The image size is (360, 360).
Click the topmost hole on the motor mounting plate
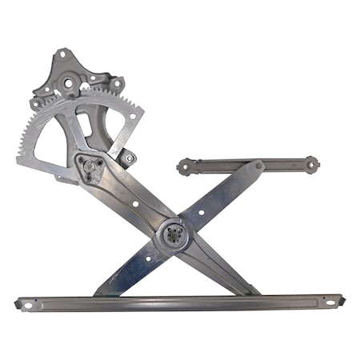point(61,55)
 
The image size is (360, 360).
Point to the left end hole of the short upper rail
point(185,167)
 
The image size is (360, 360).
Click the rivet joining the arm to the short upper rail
point(258,166)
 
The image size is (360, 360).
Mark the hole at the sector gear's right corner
point(131,114)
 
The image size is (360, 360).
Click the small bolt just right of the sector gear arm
point(129,158)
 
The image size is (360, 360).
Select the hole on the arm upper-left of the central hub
point(135,204)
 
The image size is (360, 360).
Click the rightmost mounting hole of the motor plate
point(117,82)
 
